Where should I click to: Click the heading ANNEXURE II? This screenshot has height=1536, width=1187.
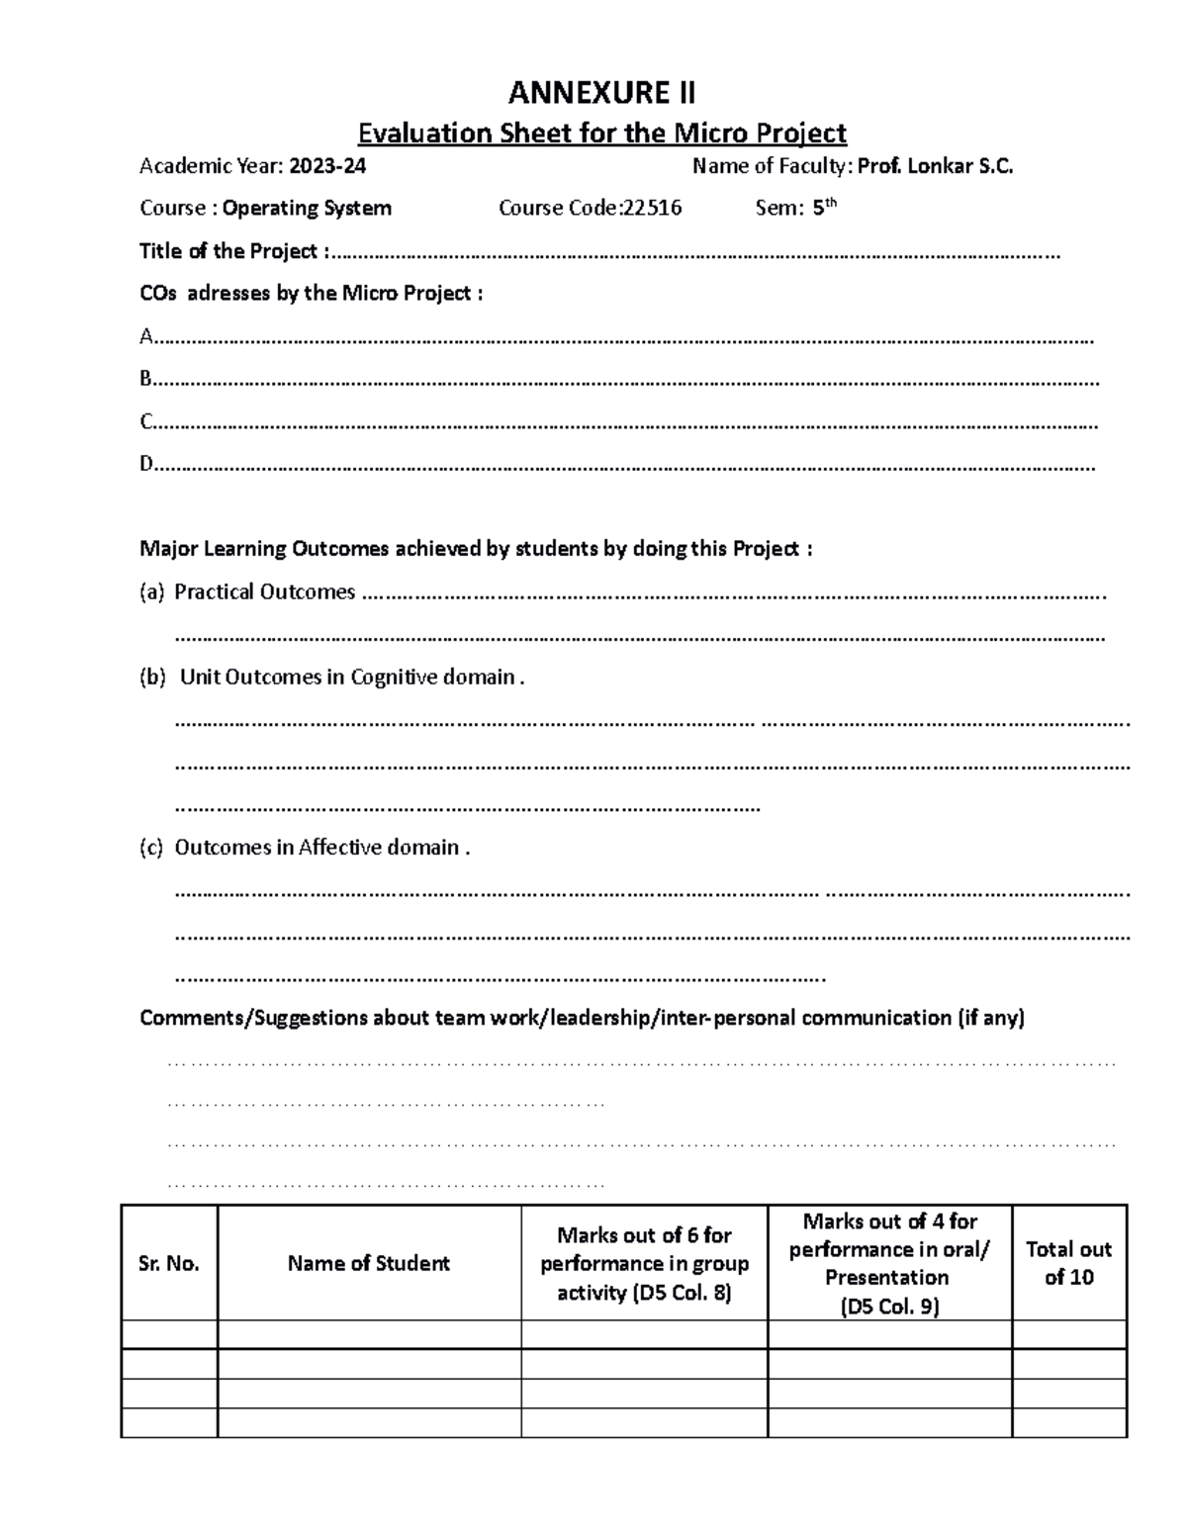click(601, 93)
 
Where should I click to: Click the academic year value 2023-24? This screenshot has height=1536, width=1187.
click(326, 166)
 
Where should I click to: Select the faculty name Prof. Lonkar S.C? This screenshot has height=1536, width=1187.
click(935, 166)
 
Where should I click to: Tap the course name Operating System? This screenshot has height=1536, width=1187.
click(307, 208)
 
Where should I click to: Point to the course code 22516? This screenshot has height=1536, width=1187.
click(652, 208)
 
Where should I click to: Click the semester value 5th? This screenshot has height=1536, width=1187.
click(823, 208)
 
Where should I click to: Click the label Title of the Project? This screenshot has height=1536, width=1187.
click(229, 251)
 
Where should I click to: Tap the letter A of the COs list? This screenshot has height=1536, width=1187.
click(146, 337)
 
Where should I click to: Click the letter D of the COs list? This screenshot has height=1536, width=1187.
click(146, 463)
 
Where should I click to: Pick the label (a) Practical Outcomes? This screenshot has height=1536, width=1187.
click(247, 591)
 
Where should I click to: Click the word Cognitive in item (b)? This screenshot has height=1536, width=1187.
click(393, 678)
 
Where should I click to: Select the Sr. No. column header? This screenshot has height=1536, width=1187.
click(169, 1263)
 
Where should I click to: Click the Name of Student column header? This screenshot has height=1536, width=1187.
click(369, 1263)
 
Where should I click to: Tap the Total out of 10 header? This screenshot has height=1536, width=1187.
click(1068, 1263)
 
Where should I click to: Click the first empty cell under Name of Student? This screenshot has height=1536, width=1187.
click(369, 1334)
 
